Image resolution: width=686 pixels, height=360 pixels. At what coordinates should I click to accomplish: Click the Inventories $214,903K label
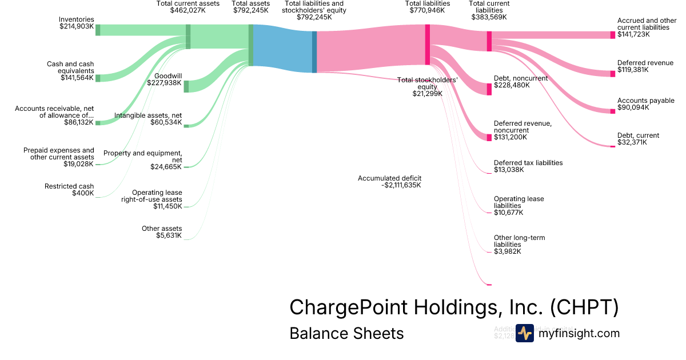click(x=77, y=23)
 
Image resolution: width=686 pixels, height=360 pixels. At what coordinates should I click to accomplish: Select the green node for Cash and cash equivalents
click(x=98, y=78)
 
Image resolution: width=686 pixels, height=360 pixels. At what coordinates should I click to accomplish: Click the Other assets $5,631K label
click(x=162, y=232)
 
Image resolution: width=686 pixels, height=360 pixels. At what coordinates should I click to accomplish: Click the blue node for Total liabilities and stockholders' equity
click(x=314, y=52)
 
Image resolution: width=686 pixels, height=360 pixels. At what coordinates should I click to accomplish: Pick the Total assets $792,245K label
click(x=250, y=7)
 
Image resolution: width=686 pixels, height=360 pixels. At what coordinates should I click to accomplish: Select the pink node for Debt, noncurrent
click(x=489, y=89)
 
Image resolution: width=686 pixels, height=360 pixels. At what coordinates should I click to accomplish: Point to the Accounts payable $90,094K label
click(x=645, y=104)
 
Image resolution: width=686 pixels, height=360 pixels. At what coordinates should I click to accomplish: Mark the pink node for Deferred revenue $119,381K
click(x=613, y=74)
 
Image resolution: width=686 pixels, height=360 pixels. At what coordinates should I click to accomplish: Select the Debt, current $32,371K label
click(x=638, y=139)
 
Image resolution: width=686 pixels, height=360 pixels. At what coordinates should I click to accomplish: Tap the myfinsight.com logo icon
click(x=524, y=333)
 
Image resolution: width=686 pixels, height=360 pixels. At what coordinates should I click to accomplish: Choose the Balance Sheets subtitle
click(x=346, y=333)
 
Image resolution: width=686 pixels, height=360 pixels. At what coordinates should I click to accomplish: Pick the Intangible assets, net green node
click(x=186, y=126)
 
